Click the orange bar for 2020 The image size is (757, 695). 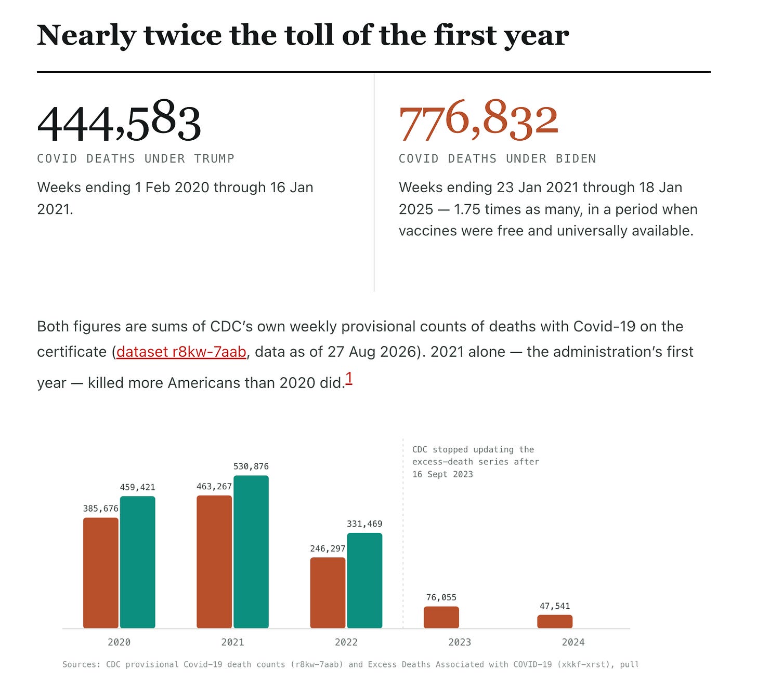(x=101, y=573)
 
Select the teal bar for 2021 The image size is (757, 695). (x=251, y=552)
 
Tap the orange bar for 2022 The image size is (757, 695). (x=328, y=593)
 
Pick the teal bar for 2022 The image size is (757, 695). (x=364, y=580)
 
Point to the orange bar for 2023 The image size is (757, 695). (x=441, y=617)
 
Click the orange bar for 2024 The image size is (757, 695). (x=555, y=621)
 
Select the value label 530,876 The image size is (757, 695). (x=251, y=466)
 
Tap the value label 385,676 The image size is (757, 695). (x=101, y=509)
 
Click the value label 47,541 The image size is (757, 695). (x=555, y=606)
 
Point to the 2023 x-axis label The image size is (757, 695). (x=460, y=642)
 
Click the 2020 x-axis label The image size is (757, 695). (x=119, y=642)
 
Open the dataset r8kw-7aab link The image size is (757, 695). (x=181, y=352)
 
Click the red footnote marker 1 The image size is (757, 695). (x=349, y=378)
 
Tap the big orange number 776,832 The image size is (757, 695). (x=478, y=120)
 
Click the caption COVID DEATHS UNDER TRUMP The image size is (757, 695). (x=136, y=158)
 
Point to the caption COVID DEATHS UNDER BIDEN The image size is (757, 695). (x=498, y=158)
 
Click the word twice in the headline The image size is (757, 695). (x=183, y=35)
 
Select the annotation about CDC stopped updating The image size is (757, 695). (x=476, y=462)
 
